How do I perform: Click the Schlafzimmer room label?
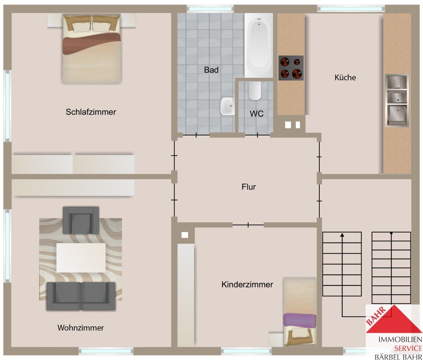(91, 112)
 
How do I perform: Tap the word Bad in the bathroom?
(211, 70)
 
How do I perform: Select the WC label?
(256, 114)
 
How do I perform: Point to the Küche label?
(345, 77)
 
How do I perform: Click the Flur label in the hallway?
(249, 187)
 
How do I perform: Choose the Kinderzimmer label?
(247, 285)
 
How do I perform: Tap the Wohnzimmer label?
(80, 328)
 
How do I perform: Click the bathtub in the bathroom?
(259, 45)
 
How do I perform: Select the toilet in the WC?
(255, 91)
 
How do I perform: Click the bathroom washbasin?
(227, 106)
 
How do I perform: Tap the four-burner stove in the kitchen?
(291, 68)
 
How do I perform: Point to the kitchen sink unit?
(397, 100)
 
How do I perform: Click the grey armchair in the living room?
(81, 220)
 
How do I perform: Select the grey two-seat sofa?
(81, 296)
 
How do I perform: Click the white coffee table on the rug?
(81, 258)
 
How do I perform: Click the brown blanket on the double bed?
(91, 43)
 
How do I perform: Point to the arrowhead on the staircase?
(342, 235)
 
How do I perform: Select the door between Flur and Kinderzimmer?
(248, 225)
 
